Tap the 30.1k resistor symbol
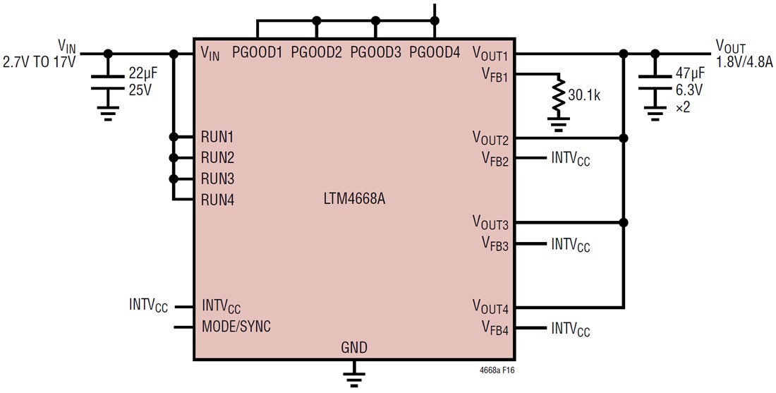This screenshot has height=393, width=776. click(559, 97)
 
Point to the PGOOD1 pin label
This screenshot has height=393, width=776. click(257, 52)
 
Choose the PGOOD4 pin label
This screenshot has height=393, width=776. click(435, 52)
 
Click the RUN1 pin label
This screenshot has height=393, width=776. click(217, 137)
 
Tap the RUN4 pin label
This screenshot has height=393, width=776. click(217, 200)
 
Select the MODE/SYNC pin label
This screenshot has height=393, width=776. click(236, 327)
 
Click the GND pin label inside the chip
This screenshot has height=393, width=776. click(354, 348)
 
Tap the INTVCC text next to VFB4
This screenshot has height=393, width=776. click(571, 329)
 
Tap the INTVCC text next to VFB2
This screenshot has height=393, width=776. click(571, 159)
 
